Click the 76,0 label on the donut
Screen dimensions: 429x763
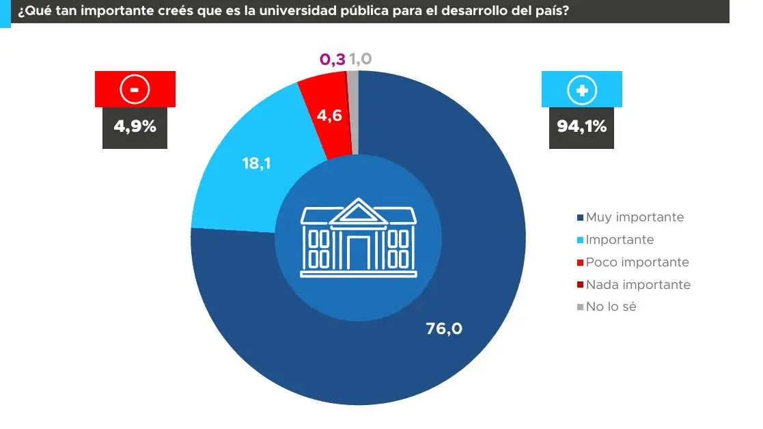click(x=444, y=329)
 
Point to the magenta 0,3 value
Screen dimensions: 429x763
click(x=333, y=59)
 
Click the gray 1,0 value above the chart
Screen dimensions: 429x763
click(x=361, y=59)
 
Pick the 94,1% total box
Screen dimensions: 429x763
click(x=581, y=126)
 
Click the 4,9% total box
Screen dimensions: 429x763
click(x=135, y=126)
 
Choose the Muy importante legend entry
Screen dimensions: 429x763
click(x=634, y=217)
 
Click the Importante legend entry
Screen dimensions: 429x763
click(x=620, y=240)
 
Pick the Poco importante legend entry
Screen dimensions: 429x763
click(x=637, y=262)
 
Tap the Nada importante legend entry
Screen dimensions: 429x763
click(x=637, y=285)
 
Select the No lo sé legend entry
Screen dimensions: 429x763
click(x=611, y=307)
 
